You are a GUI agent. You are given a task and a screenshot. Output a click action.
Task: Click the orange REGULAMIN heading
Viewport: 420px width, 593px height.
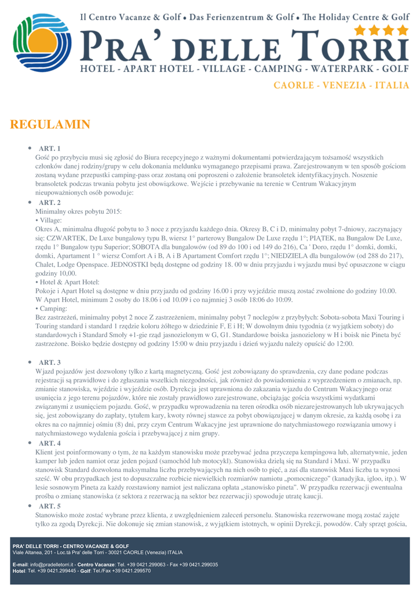coord(50,125)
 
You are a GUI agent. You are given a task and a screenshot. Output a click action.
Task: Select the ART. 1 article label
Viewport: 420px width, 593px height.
coord(50,149)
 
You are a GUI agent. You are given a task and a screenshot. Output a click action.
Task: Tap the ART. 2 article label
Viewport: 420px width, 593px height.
coord(50,203)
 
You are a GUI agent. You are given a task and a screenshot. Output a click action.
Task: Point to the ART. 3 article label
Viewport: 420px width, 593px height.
coord(50,362)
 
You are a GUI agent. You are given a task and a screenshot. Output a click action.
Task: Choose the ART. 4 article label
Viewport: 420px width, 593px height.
coord(50,443)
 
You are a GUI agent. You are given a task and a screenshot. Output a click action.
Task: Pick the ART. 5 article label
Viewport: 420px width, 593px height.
coord(50,506)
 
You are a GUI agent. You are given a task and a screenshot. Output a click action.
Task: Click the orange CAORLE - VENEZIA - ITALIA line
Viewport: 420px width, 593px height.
coord(341,86)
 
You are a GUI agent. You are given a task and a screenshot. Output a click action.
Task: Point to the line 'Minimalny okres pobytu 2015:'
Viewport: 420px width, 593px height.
coord(79,211)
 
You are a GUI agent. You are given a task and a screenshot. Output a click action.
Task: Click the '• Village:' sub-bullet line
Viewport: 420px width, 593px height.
coord(49,221)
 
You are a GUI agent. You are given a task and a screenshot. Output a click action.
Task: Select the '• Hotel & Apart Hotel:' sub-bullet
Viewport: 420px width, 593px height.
coord(67,281)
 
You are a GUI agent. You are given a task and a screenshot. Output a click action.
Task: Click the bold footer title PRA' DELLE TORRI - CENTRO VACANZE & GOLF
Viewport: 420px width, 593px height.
coord(71,546)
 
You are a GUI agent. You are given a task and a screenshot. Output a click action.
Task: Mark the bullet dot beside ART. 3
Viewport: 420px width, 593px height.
coord(30,362)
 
